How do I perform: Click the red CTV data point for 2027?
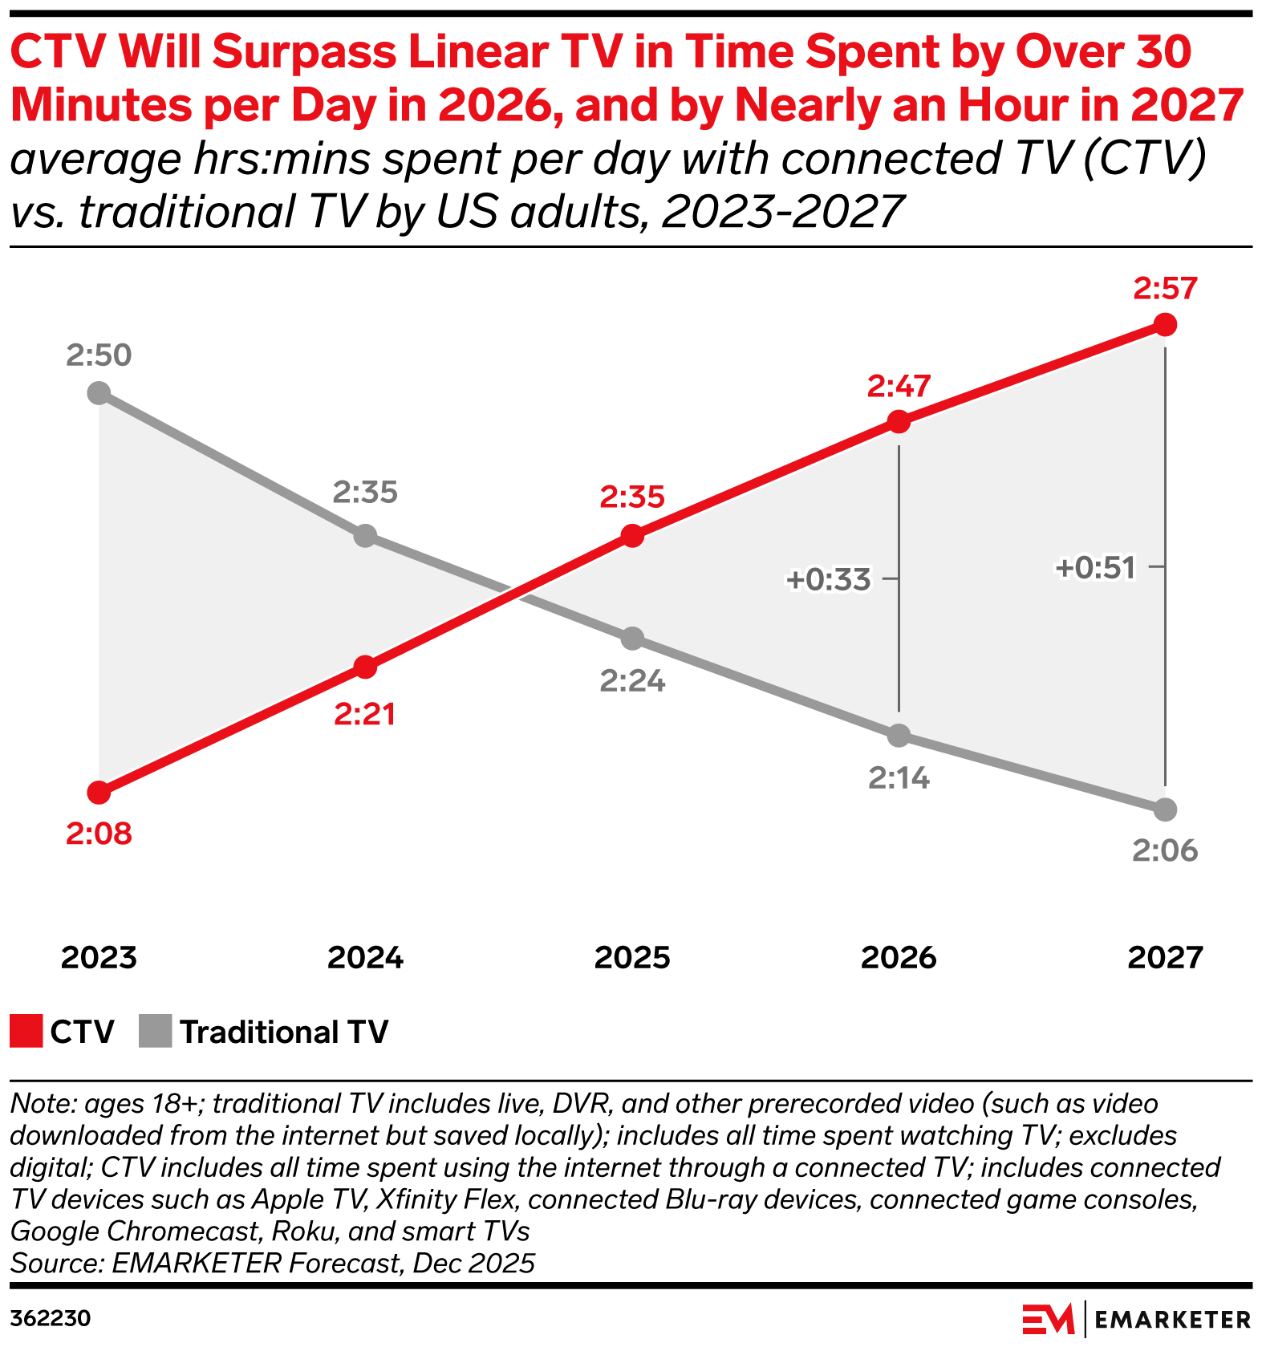1165,325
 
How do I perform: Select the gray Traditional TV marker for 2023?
99,393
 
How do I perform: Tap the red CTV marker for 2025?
632,536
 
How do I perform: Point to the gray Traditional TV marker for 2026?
899,735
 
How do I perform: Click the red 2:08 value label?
99,834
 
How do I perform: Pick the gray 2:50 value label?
99,355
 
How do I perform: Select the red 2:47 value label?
899,387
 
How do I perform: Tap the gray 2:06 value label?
1165,850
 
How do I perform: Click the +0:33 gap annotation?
829,579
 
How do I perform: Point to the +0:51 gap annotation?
1096,568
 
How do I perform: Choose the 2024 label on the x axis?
366,957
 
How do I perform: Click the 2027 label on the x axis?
1165,957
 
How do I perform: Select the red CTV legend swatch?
26,1032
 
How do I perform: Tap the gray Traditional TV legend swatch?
155,1032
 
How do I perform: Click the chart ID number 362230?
50,1318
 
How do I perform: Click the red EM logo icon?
1048,1318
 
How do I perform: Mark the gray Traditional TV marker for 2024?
365,535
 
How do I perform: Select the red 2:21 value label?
365,714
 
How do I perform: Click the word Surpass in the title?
307,52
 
